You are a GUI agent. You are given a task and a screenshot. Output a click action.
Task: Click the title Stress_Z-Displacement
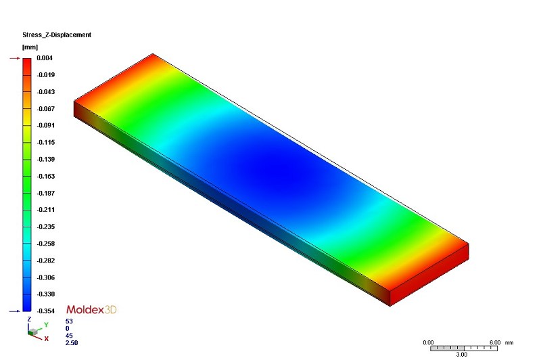pyautogui.click(x=57, y=35)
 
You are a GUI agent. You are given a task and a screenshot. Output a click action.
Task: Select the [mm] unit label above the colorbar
pyautogui.click(x=30, y=47)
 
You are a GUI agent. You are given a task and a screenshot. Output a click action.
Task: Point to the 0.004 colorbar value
pyautogui.click(x=45, y=58)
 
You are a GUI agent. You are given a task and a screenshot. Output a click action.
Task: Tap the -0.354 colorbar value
pyautogui.click(x=46, y=311)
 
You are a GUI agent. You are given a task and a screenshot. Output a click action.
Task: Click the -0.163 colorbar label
pyautogui.click(x=46, y=176)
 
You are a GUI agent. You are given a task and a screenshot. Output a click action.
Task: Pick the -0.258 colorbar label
pyautogui.click(x=46, y=244)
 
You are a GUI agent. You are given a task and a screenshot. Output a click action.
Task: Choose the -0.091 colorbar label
pyautogui.click(x=46, y=125)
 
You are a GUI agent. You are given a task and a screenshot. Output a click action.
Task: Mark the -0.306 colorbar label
pyautogui.click(x=46, y=277)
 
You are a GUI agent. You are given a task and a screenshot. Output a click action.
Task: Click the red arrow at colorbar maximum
pyautogui.click(x=15, y=58)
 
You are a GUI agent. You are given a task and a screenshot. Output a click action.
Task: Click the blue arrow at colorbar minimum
pyautogui.click(x=15, y=311)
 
